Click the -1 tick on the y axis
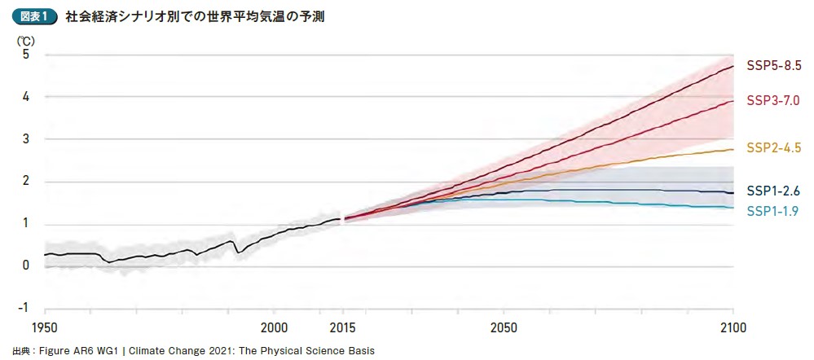[24, 308]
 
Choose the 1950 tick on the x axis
[45, 328]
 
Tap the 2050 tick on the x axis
[504, 328]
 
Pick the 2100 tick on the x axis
[733, 328]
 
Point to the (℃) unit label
[27, 39]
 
